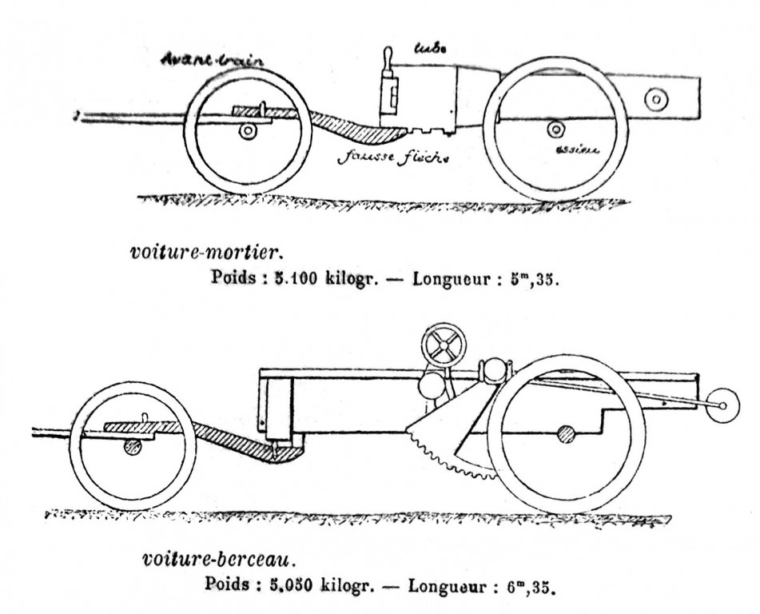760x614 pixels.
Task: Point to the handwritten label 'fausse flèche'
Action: tap(392, 157)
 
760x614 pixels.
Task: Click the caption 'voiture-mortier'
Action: tap(205, 252)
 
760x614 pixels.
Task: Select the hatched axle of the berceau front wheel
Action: tap(133, 448)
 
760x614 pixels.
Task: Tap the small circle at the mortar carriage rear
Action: tap(655, 99)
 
